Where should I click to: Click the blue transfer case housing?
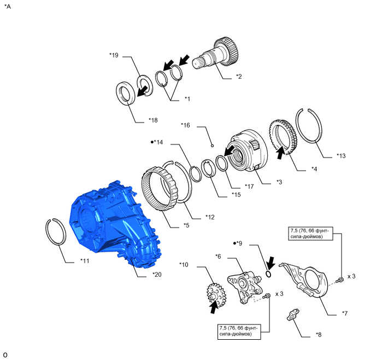115,225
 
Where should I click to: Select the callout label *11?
85,260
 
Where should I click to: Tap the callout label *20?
157,274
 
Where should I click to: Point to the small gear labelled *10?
216,294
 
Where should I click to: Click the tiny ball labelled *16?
212,146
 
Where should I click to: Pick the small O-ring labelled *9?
269,274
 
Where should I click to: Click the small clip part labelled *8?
293,315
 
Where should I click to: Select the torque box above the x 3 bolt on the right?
311,233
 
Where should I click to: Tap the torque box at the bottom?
239,331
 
